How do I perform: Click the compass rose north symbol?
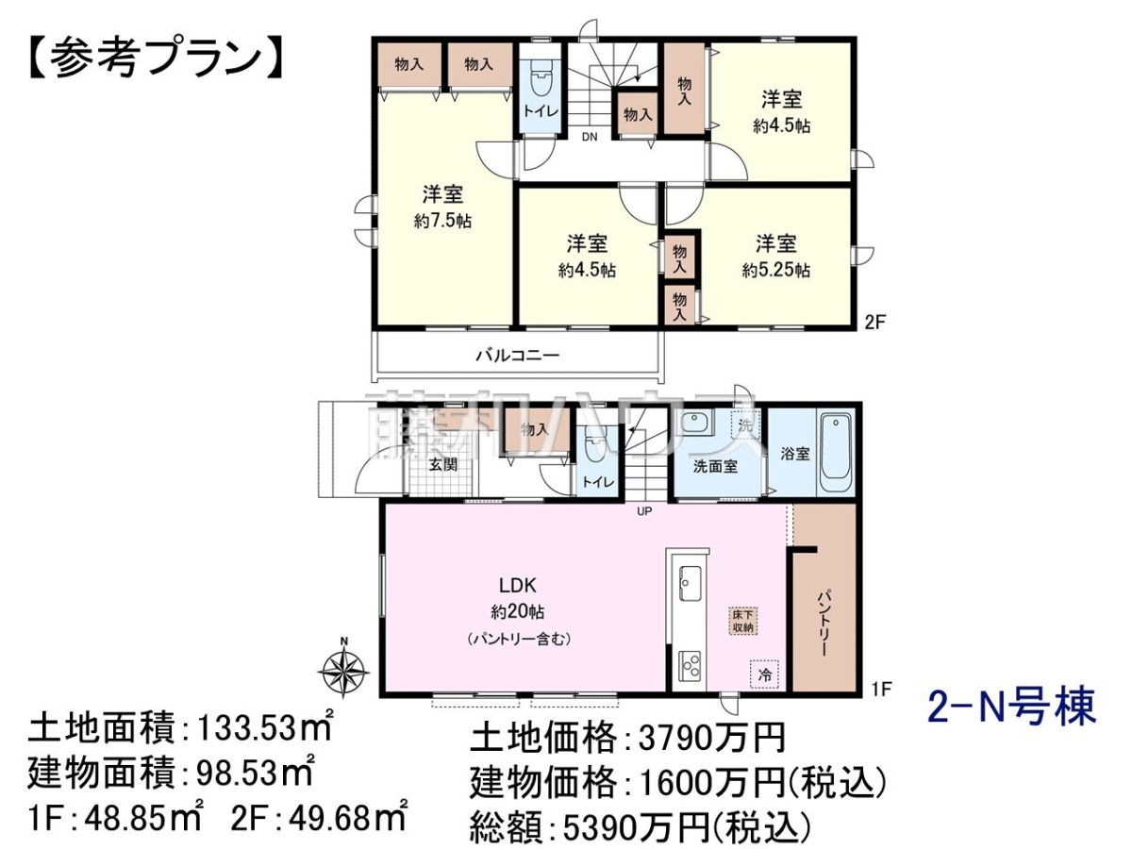click(x=344, y=670)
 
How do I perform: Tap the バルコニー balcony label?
click(x=517, y=356)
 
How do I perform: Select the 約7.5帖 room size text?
click(x=442, y=221)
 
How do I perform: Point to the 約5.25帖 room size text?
click(x=775, y=270)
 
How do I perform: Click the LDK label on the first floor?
click(x=517, y=585)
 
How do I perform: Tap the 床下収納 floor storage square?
click(x=743, y=621)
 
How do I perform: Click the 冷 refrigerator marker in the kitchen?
click(x=764, y=674)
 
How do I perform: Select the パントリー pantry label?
click(x=823, y=624)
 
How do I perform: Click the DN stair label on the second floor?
click(x=590, y=137)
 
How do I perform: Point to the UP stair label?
click(x=644, y=511)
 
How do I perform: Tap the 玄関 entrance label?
click(x=443, y=465)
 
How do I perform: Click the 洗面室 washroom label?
click(x=715, y=467)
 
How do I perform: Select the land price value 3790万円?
click(x=711, y=738)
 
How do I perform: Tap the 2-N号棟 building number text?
click(x=1011, y=707)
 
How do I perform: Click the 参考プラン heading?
click(x=156, y=58)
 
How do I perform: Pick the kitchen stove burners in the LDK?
click(x=690, y=667)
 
